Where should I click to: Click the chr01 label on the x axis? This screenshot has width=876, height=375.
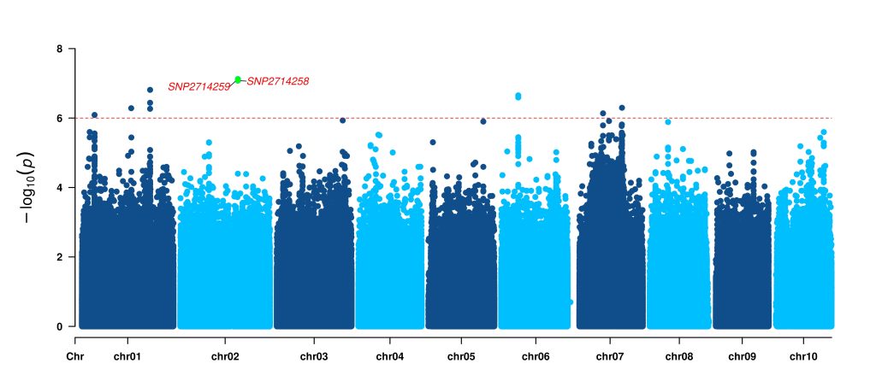(x=127, y=356)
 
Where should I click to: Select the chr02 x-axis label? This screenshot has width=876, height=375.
(x=225, y=356)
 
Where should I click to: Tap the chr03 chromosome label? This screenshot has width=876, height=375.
(x=314, y=356)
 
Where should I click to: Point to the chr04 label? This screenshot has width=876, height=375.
(x=389, y=356)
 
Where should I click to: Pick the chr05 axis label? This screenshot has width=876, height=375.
(x=461, y=356)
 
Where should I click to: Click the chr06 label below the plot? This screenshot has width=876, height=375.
(x=535, y=356)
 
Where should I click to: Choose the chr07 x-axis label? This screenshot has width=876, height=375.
(x=610, y=356)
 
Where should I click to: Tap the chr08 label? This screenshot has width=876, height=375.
(x=679, y=356)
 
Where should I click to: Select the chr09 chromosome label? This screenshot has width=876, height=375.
(x=743, y=356)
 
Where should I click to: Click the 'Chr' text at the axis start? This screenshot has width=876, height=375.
(x=75, y=356)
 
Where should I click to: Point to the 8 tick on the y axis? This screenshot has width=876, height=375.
(x=59, y=49)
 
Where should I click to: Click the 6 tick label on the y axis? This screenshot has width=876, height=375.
(x=59, y=118)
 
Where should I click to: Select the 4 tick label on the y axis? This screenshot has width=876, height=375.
(x=59, y=187)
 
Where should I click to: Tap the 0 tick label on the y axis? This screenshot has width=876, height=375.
(x=59, y=326)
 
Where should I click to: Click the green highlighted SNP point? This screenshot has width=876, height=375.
(x=238, y=79)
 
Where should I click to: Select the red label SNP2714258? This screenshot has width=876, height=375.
(x=277, y=81)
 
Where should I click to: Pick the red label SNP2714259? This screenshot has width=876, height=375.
(x=198, y=86)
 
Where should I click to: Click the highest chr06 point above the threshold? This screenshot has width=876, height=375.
(x=518, y=96)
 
